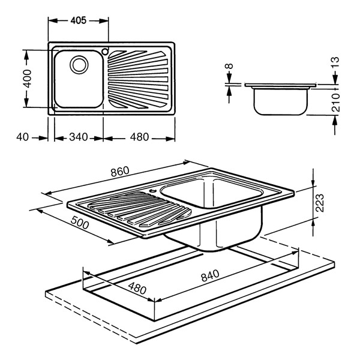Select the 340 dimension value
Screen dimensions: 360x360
click(78, 137)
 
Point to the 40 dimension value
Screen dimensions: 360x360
click(23, 137)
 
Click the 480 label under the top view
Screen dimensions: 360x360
click(139, 137)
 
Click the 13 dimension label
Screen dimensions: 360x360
click(335, 62)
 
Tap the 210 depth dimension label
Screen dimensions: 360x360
click(335, 103)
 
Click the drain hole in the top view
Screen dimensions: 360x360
click(79, 63)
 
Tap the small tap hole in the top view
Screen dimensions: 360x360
click(106, 50)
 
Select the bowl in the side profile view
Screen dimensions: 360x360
click(280, 100)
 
